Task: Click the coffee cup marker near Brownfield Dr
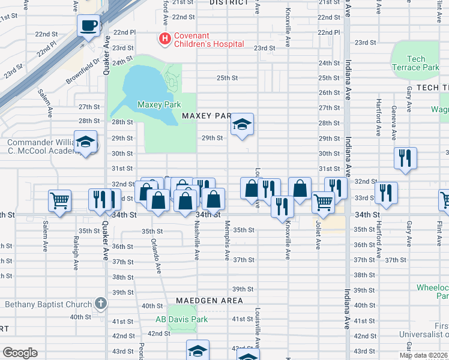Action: (x=89, y=26)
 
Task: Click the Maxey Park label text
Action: (x=159, y=104)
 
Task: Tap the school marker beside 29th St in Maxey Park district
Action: (x=243, y=125)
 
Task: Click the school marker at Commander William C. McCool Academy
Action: (x=86, y=143)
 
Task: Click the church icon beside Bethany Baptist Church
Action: (x=100, y=304)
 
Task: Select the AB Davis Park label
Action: (x=182, y=319)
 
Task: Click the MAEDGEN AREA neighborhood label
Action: (x=209, y=300)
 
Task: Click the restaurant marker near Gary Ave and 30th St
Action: (x=405, y=159)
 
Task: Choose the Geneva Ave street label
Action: (x=393, y=115)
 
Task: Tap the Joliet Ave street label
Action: (x=318, y=237)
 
